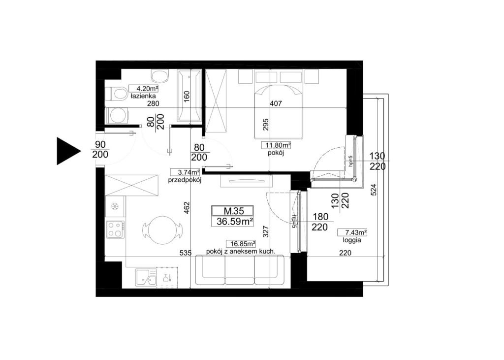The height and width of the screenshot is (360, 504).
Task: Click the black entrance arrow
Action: coord(68,151)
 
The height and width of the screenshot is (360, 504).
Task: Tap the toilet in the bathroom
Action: coord(116,94)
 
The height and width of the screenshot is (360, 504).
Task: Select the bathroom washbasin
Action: coord(160,76)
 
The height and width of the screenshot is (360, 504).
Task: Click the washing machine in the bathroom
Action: coord(117,115)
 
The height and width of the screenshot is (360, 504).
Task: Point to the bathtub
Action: coord(189,96)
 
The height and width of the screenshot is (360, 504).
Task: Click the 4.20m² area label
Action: coord(143,89)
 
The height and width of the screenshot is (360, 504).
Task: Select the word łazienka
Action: coord(143,96)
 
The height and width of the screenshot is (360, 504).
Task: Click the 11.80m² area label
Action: coord(276,145)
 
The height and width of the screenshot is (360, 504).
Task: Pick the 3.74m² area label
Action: coord(185,173)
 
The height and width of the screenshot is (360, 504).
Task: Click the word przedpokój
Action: coord(185,180)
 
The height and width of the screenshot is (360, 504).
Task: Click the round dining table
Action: coord(162,229)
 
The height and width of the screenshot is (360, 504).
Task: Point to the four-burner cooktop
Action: coord(116,229)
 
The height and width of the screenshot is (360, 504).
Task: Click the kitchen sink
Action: coord(146,277)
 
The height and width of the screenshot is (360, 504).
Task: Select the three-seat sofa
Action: coord(240,270)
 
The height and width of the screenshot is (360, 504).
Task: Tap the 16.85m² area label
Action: coord(241,244)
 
